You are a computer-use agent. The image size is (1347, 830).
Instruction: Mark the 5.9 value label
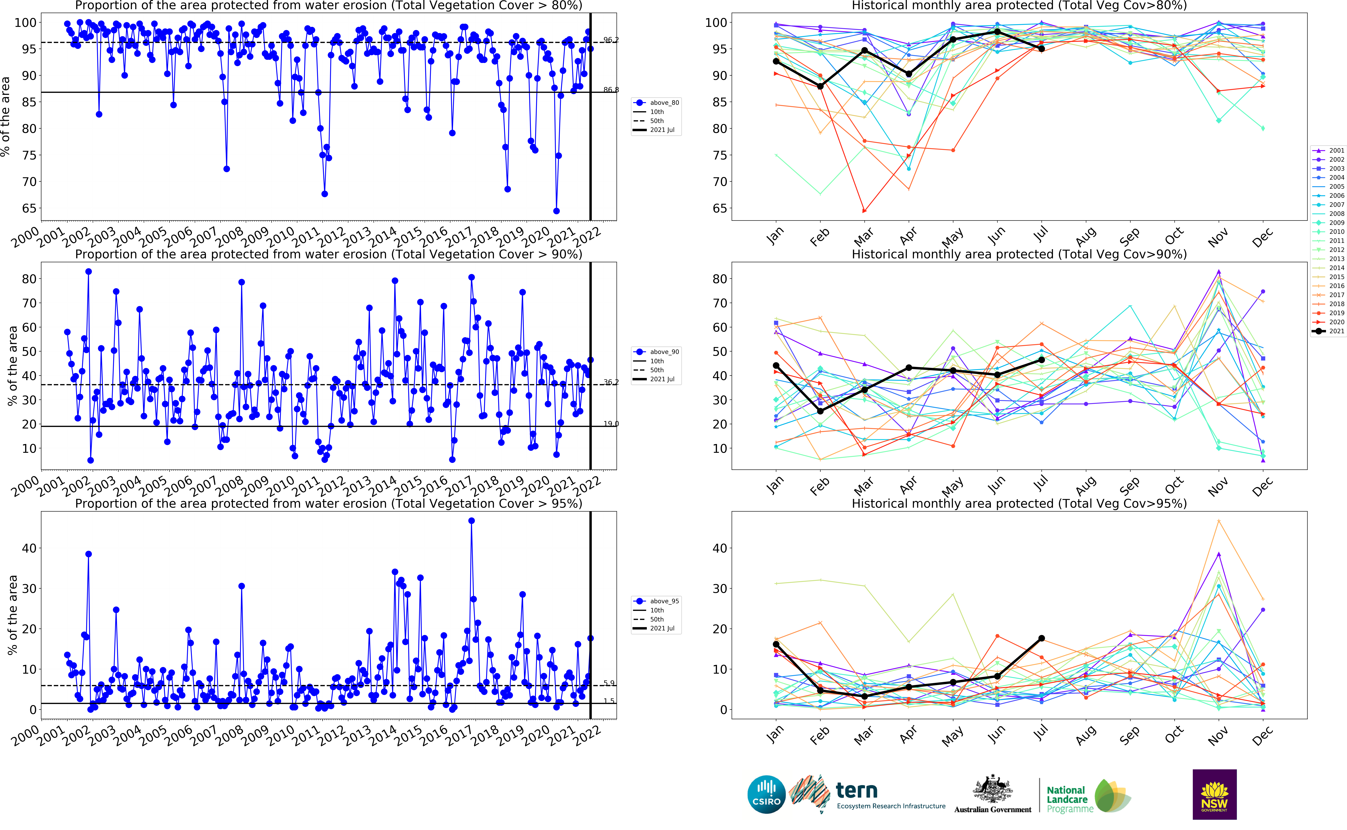point(609,683)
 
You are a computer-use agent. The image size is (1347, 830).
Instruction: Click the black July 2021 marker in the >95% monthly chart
point(1041,638)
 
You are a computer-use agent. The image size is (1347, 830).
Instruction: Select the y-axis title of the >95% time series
point(12,615)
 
